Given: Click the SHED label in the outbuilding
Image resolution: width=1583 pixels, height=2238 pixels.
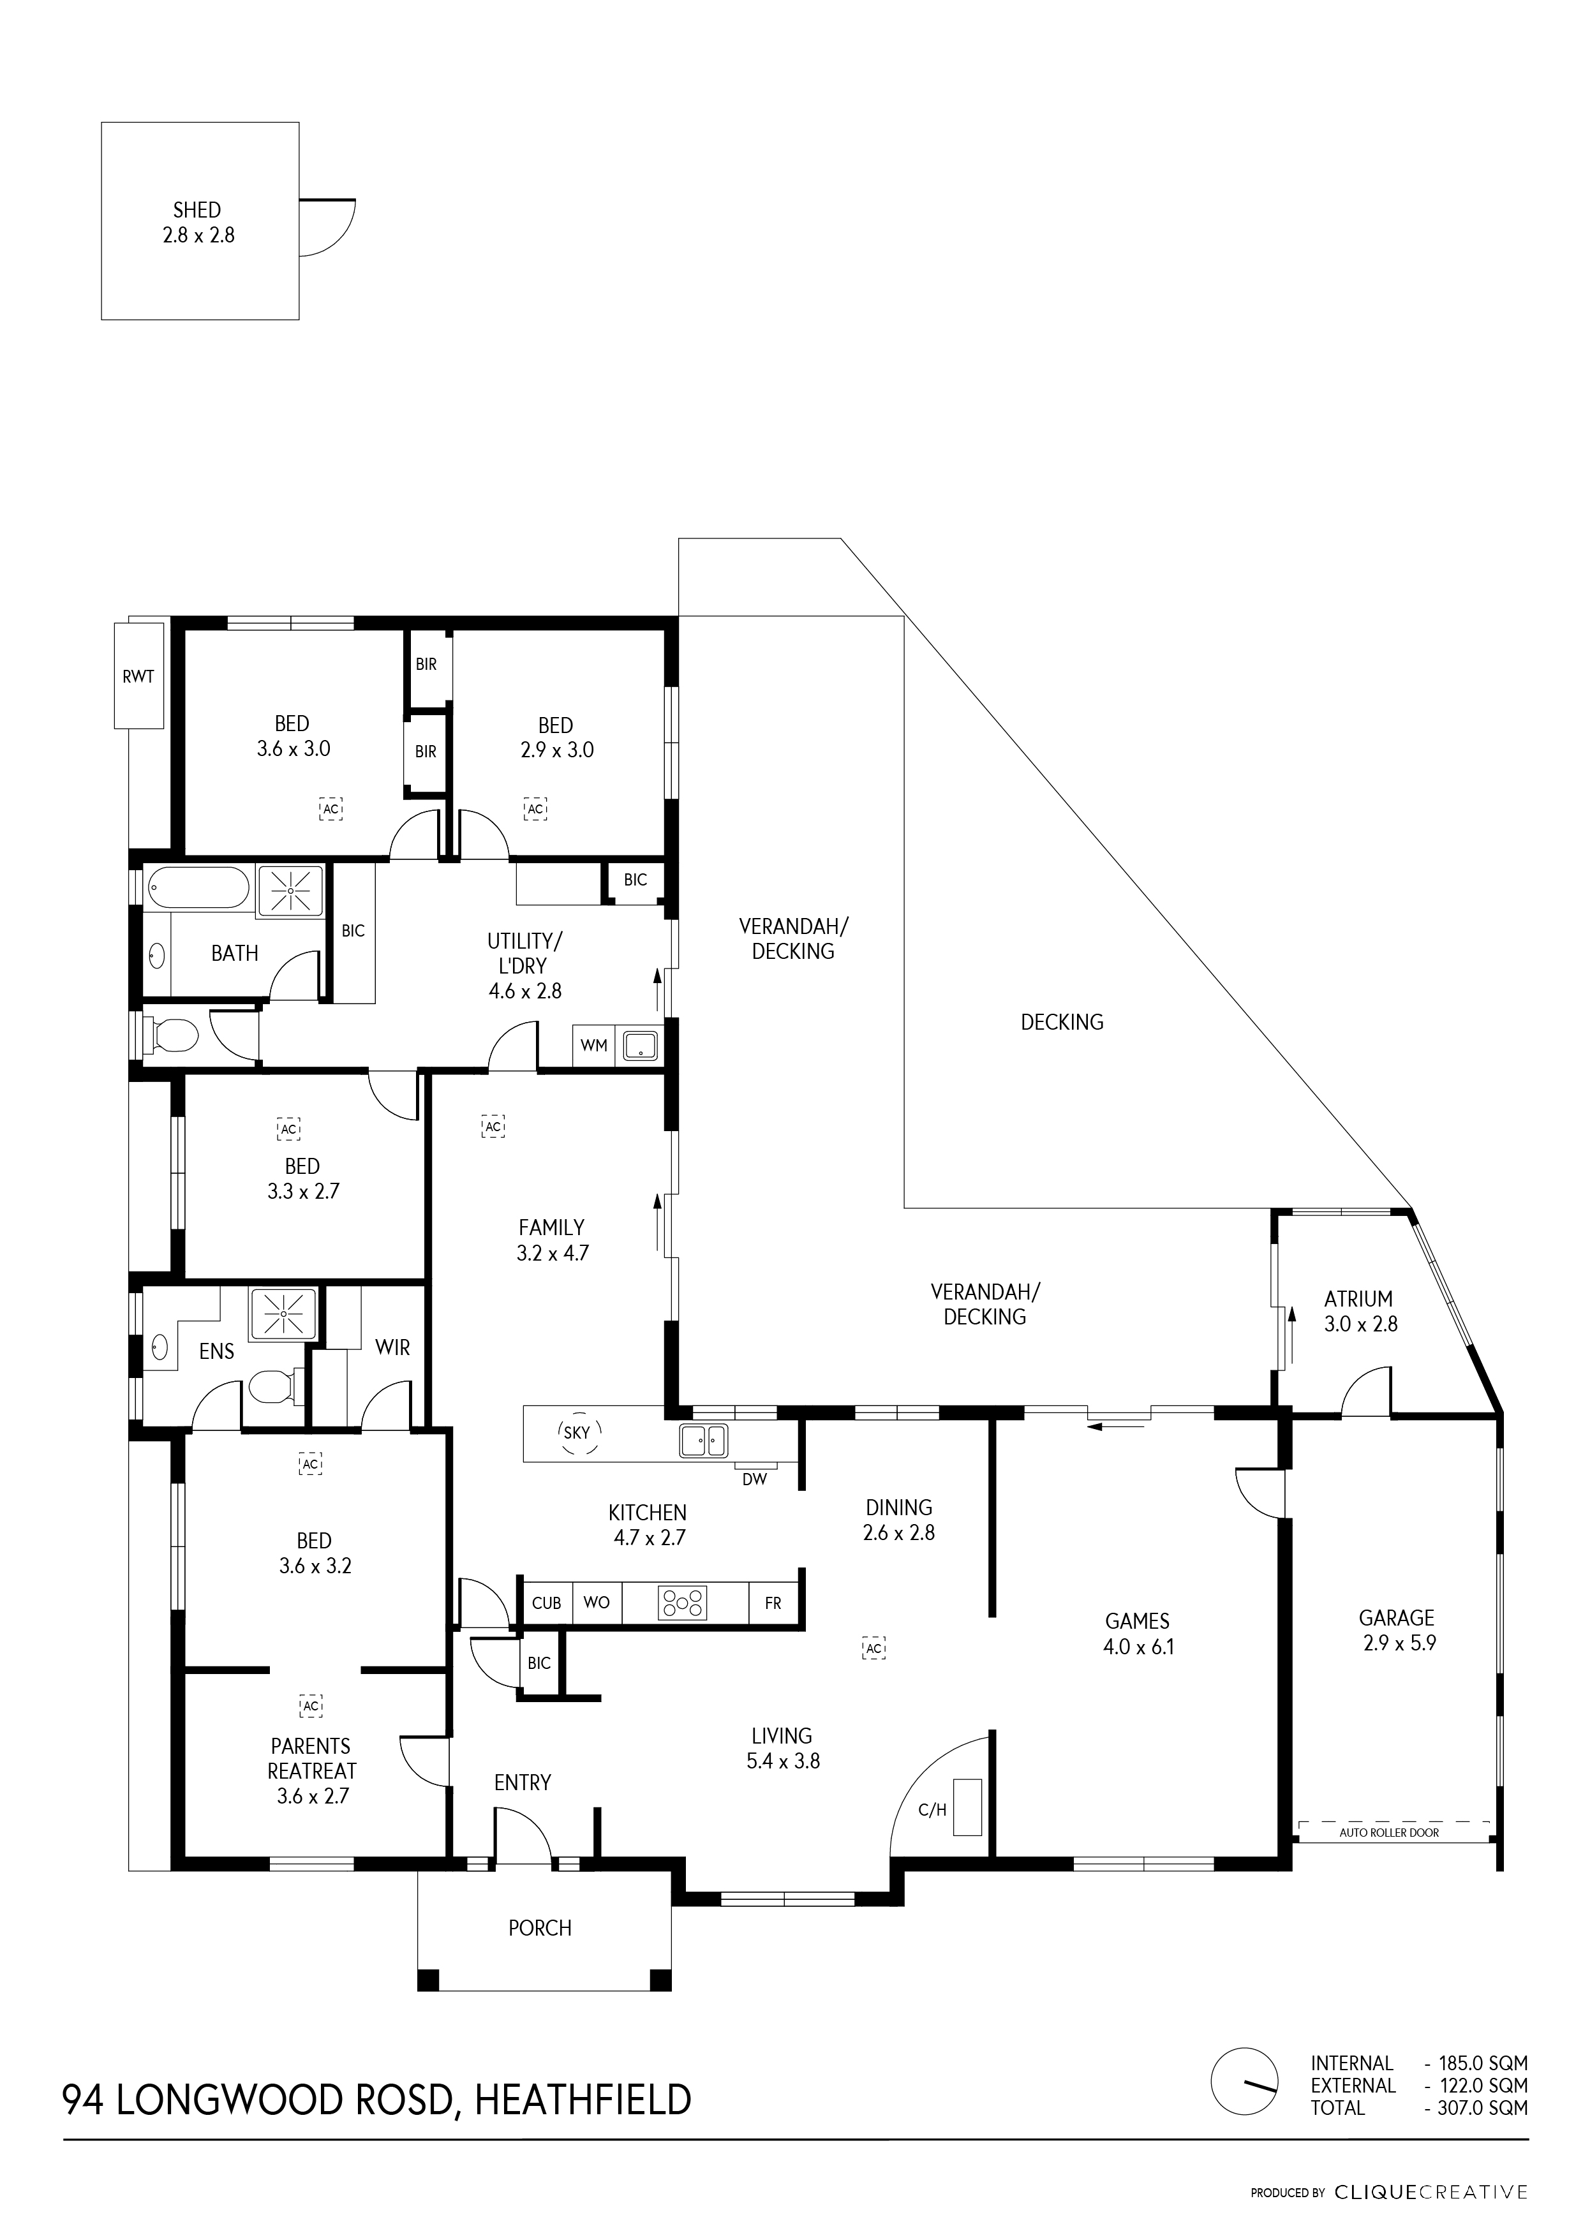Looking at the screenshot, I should point(197,209).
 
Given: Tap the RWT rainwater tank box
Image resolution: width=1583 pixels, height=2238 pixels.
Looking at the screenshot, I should point(138,676).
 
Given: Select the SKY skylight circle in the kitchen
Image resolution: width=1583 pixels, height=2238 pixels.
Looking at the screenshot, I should point(577,1433).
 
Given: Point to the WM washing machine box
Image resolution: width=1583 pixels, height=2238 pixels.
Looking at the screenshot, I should point(593,1046).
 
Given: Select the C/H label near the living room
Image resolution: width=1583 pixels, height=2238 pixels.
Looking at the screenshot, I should point(932,1810).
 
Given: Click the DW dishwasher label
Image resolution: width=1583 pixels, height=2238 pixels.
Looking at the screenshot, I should point(754,1479).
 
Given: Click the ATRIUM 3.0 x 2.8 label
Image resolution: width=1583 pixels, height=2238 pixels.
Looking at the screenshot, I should point(1359,1311).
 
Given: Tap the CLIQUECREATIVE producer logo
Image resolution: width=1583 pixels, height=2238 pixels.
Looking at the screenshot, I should point(1430,2192).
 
